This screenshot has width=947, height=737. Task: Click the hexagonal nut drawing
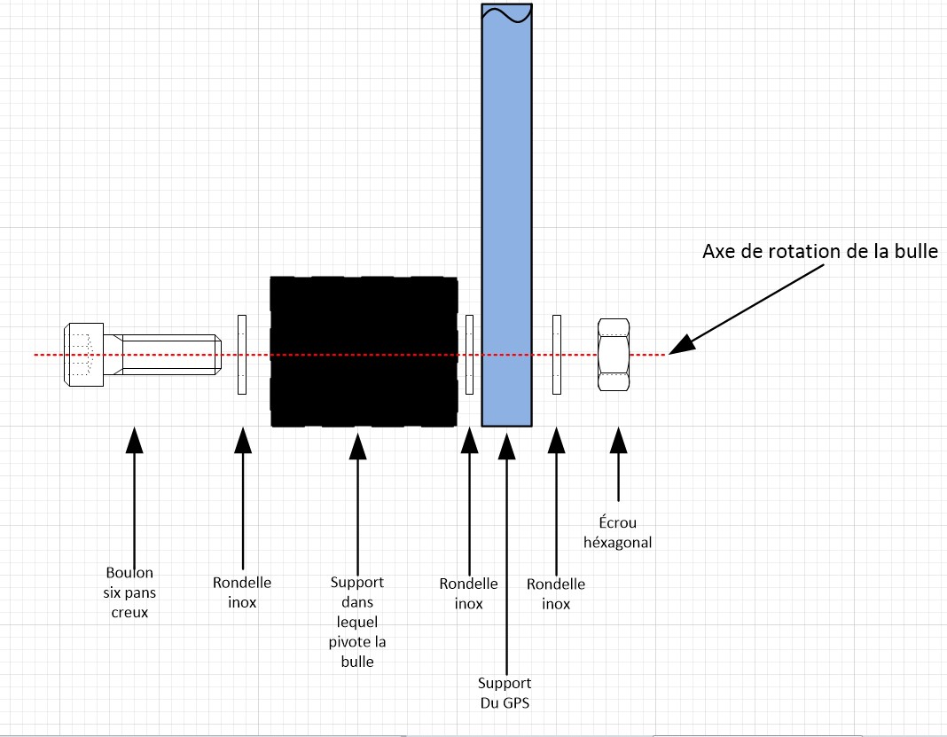[614, 355]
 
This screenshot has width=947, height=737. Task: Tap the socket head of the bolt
[83, 355]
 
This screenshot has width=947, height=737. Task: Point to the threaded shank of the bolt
[162, 355]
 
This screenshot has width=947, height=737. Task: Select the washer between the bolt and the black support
[242, 355]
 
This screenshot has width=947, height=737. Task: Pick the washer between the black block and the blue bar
[469, 355]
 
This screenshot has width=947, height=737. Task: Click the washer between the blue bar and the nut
[557, 355]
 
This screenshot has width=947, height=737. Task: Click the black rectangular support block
[364, 351]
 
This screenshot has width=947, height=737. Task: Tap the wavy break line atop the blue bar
[506, 13]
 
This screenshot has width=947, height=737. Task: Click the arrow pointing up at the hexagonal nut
[618, 464]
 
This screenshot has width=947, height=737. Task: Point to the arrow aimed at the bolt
[134, 498]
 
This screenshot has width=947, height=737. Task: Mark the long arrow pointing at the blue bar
[506, 553]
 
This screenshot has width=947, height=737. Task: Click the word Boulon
[129, 573]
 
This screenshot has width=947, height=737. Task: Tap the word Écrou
[618, 522]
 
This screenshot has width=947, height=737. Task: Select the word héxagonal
[618, 543]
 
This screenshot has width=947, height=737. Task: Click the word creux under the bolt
[129, 613]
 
